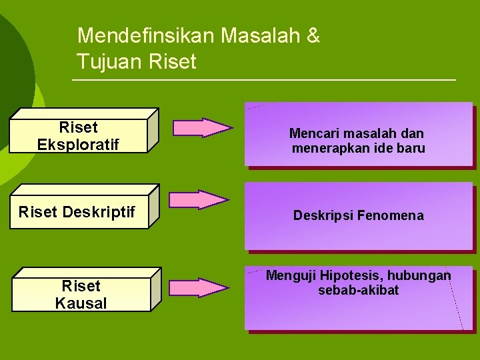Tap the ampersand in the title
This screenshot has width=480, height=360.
313,36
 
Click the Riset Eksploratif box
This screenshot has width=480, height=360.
79,135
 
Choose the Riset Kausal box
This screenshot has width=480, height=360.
81,295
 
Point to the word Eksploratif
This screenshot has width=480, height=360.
79,144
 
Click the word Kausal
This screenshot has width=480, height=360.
81,303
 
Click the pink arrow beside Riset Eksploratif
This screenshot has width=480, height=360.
199,127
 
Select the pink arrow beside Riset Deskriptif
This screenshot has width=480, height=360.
198,200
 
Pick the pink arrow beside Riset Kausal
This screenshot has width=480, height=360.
198,287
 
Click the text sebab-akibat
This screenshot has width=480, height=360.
359,291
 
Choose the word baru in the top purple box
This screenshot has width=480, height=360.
411,148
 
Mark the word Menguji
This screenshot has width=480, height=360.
291,276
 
